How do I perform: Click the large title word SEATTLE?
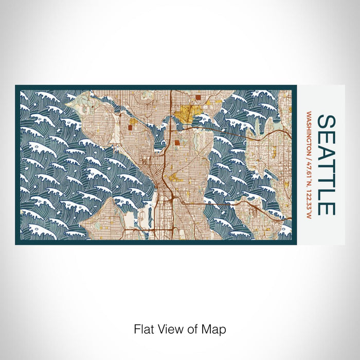[326, 165]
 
